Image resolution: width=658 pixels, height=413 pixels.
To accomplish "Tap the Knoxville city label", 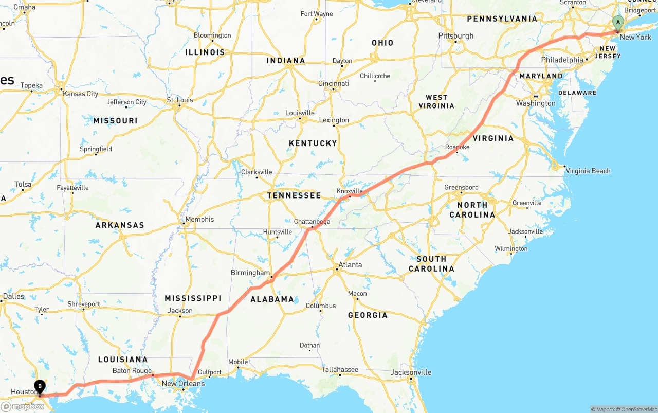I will tap(350, 191).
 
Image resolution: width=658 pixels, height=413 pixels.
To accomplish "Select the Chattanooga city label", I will tap(312, 222).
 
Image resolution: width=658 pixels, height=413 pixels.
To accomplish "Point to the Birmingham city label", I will tap(250, 273).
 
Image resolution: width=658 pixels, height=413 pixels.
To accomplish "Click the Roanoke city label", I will tap(458, 147).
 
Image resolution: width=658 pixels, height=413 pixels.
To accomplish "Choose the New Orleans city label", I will tap(183, 384).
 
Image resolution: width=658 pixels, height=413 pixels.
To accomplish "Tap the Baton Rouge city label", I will tap(132, 371).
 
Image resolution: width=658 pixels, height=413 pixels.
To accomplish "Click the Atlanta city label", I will tap(350, 265).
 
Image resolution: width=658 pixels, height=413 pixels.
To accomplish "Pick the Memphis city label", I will tap(199, 220).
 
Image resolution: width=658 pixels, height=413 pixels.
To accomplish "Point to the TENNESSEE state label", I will tap(294, 195).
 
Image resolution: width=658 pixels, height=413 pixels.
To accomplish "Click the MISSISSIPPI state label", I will tap(193, 298).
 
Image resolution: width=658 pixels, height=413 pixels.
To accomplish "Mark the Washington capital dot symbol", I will tap(536, 96).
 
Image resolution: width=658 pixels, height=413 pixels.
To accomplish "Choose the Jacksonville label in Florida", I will tap(411, 372).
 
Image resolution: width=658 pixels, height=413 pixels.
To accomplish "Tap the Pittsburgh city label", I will tap(456, 36).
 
